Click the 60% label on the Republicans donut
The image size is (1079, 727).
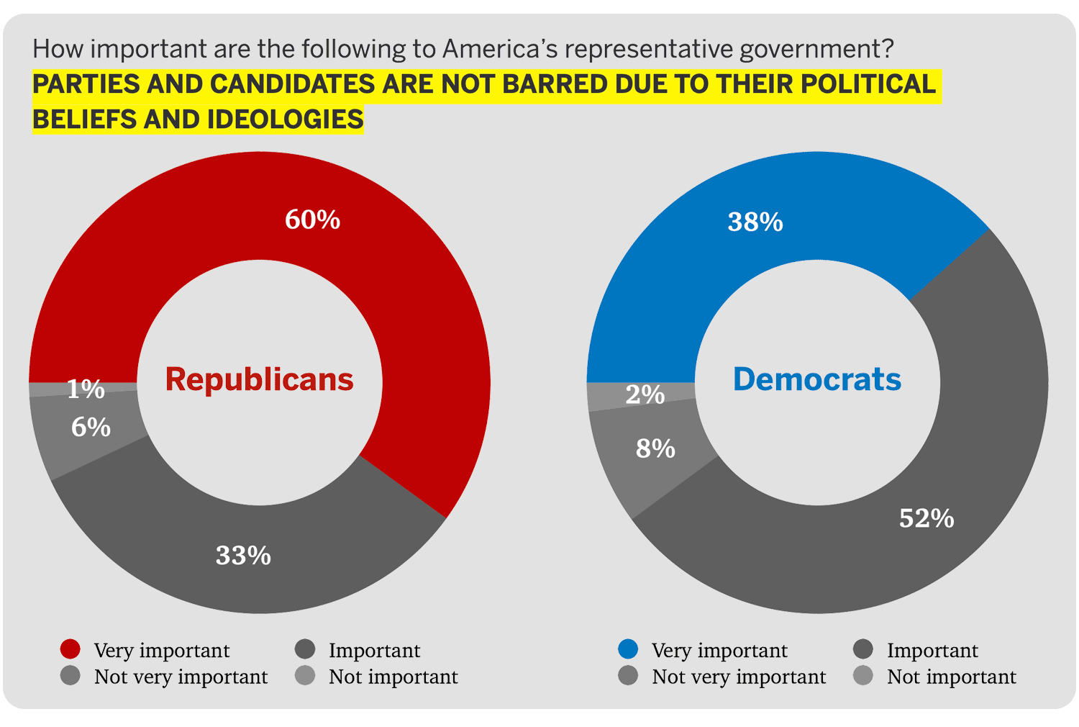tap(312, 220)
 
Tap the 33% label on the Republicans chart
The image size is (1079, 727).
tap(243, 556)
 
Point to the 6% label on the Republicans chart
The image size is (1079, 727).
tap(91, 428)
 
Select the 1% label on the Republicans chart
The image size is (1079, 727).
tap(86, 389)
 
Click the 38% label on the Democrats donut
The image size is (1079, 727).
tap(755, 222)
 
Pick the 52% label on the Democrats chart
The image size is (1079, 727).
tap(927, 518)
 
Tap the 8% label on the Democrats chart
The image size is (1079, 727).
tap(655, 448)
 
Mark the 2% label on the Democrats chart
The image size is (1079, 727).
tap(645, 394)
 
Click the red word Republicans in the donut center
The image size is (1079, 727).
tap(259, 379)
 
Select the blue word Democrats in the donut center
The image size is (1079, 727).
tap(816, 379)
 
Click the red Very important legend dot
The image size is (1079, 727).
tap(70, 649)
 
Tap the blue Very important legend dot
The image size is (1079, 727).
tap(628, 649)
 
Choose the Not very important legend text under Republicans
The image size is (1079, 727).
tap(181, 677)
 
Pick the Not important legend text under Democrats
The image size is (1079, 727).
tap(951, 677)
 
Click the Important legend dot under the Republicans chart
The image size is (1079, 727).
tap(305, 649)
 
